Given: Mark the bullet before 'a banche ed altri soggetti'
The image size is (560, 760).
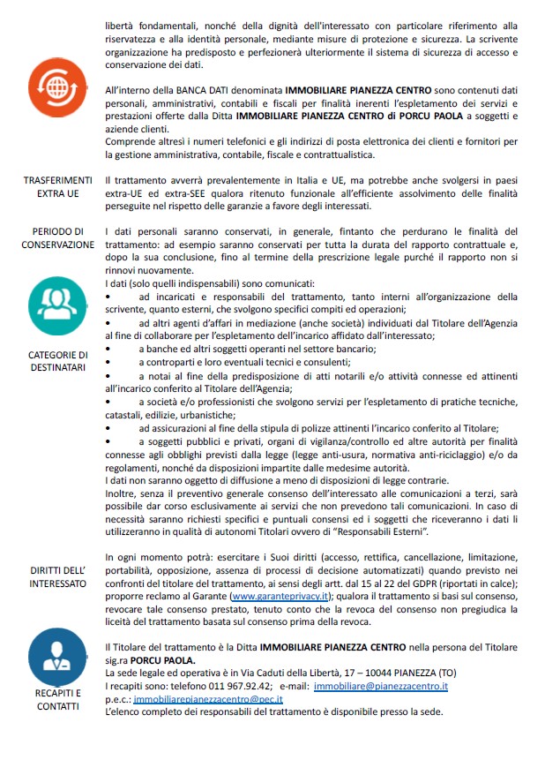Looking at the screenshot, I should [108, 350].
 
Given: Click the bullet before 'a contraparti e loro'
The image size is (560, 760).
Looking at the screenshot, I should [108, 362].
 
